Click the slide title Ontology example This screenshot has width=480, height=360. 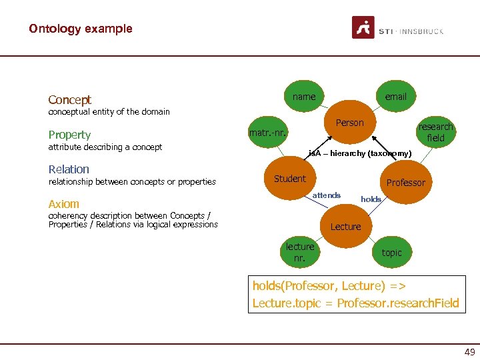[x=80, y=29]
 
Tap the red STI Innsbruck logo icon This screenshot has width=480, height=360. [x=363, y=28]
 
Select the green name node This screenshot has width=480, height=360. [x=304, y=97]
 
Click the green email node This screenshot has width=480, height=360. [x=395, y=97]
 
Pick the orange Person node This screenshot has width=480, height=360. [x=350, y=123]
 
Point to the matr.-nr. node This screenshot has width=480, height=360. [x=268, y=133]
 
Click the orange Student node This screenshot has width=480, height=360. [x=290, y=179]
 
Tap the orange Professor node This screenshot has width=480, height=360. [x=405, y=183]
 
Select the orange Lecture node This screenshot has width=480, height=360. [x=345, y=227]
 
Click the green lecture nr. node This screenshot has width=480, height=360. [x=300, y=252]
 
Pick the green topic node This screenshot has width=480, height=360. [x=391, y=253]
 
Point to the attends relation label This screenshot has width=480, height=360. [x=327, y=195]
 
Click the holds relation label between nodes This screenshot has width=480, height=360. [x=371, y=199]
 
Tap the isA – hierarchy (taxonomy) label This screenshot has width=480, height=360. [x=359, y=154]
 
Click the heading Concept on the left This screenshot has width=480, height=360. [x=69, y=100]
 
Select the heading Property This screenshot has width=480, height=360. [x=69, y=135]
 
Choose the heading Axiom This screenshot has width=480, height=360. [x=63, y=204]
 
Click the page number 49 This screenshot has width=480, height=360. [x=469, y=352]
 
